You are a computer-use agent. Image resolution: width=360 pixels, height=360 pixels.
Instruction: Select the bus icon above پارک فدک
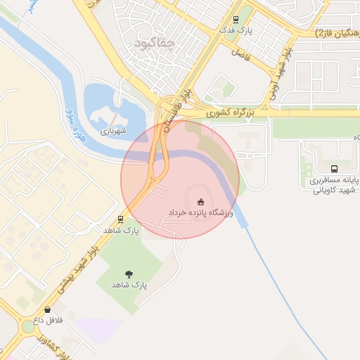236,20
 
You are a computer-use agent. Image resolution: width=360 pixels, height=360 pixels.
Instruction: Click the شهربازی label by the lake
112,131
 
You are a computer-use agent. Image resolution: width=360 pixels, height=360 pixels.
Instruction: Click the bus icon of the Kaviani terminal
334,169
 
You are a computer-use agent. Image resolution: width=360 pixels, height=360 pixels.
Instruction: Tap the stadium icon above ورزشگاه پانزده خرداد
200,201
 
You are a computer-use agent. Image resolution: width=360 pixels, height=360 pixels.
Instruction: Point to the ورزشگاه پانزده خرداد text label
200,212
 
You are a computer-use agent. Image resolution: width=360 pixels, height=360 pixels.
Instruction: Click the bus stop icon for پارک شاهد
121,219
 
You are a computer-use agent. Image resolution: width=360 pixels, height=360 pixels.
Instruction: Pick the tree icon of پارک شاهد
129,274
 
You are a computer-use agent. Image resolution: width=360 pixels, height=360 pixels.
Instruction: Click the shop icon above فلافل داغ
47,309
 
